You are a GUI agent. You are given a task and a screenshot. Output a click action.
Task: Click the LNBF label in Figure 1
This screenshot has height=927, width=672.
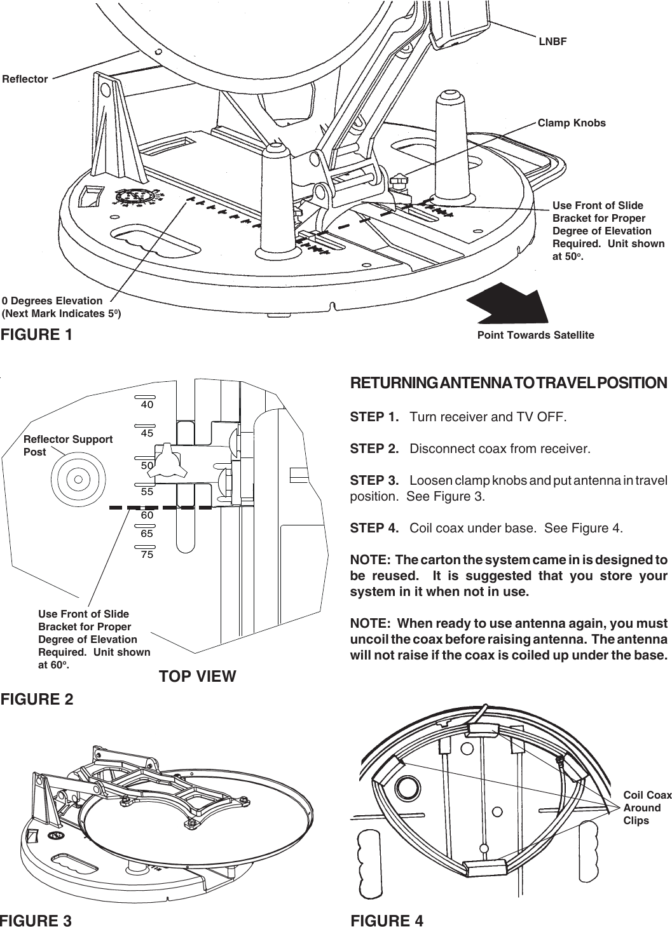tap(552, 42)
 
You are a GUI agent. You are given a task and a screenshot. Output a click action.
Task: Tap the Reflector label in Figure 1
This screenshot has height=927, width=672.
tap(25, 79)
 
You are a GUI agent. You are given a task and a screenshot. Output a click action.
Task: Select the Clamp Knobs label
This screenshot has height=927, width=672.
tap(572, 123)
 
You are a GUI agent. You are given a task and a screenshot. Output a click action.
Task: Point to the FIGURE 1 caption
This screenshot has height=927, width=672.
tap(36, 334)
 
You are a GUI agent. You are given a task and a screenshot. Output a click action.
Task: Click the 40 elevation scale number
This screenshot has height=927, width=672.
tap(147, 404)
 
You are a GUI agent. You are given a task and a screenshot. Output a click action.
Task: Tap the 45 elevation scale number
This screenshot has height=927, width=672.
tap(147, 433)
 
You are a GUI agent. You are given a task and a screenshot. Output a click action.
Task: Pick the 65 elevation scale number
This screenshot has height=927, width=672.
tap(147, 534)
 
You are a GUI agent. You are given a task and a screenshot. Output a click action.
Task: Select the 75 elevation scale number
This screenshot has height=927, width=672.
tap(147, 555)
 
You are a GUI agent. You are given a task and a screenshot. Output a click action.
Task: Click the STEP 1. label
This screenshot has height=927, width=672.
tap(374, 417)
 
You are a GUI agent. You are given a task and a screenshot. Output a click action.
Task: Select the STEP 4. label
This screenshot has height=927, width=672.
tap(374, 529)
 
